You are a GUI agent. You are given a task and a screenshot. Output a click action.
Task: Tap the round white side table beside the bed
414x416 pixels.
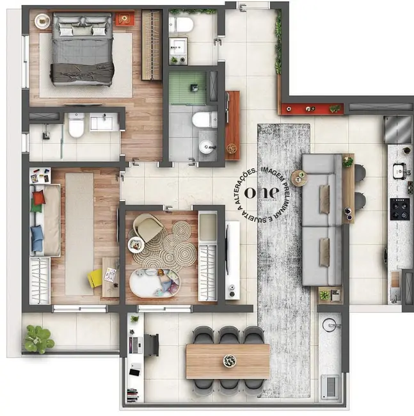coord(42,21)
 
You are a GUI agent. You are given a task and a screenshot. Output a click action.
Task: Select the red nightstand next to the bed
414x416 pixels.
coord(125,18)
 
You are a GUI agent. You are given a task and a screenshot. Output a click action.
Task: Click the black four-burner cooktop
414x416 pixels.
coord(400,209)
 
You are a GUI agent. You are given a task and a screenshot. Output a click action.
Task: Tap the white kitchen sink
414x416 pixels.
coord(401,171)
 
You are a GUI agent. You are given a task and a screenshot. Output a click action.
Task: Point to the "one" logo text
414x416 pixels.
coord(266,191)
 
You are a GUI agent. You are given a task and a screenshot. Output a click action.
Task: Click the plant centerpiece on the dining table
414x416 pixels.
coord(230,361)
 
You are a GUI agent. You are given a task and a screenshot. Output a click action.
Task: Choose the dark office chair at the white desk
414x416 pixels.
coord(151,344)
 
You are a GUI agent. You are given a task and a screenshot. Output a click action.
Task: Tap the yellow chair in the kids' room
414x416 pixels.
coord(95,278)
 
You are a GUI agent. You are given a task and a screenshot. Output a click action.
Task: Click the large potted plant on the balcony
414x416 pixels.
coord(39,338)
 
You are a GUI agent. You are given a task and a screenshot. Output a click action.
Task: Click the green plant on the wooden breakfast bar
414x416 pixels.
coord(347,163)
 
